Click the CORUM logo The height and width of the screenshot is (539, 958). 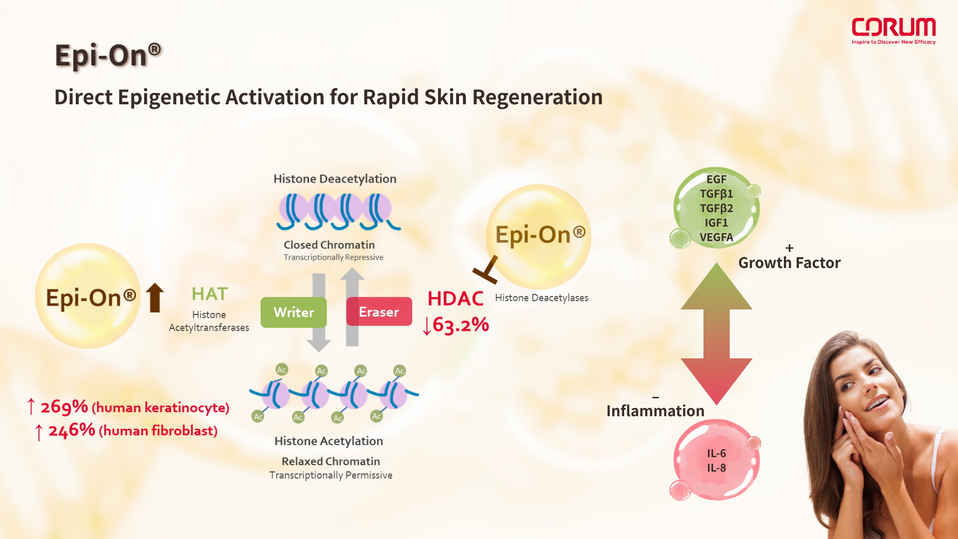pos(893,30)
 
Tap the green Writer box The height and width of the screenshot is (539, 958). pos(293,312)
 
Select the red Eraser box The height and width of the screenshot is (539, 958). pos(379,312)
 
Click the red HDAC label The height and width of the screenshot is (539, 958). pos(455,298)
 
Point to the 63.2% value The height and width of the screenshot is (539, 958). pos(460,325)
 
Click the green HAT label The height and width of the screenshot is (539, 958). pos(210,294)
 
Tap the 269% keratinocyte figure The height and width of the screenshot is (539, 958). pos(64,407)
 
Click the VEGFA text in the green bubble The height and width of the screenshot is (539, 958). pos(716,237)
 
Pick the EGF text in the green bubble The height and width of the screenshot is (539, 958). pos(716,179)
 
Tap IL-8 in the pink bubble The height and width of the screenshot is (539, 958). pos(716,468)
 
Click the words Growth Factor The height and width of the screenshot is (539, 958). pos(789,263)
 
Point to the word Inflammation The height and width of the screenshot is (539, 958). pos(655,411)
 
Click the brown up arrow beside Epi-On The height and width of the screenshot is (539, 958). pos(155,297)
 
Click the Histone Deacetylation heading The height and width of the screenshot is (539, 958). pos(335,179)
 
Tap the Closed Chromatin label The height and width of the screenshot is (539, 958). pos(329,245)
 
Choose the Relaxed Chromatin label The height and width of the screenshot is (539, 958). pos(330,461)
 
